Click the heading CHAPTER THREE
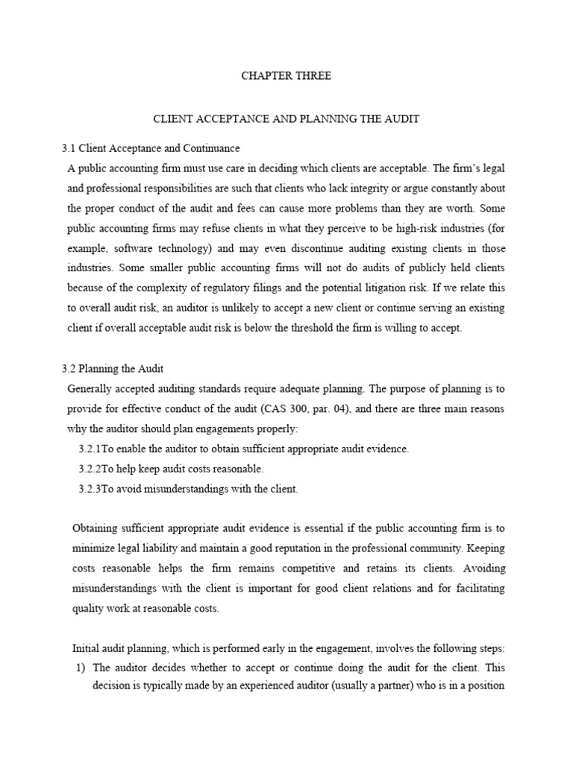286,76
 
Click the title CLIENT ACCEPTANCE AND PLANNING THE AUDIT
286,118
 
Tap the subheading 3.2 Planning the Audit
112,368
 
